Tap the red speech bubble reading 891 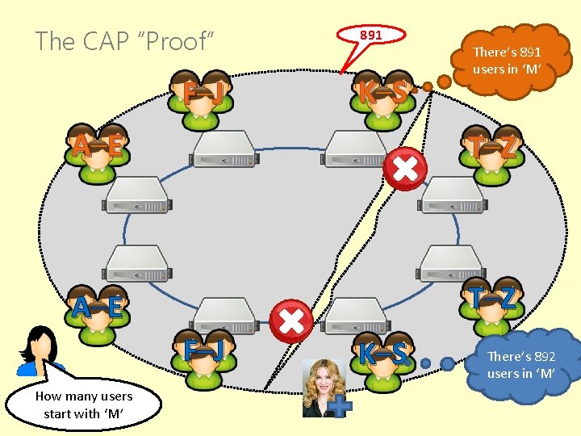coord(371,36)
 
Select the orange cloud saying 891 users coord(507,61)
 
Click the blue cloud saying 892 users coord(521,364)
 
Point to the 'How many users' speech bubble coord(83,403)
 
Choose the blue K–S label coord(382,354)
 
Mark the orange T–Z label coord(495,146)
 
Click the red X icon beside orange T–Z coord(405,169)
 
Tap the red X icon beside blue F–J coord(291,321)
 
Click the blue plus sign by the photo coord(342,407)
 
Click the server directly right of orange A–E coord(224,149)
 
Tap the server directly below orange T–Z coord(453,194)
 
